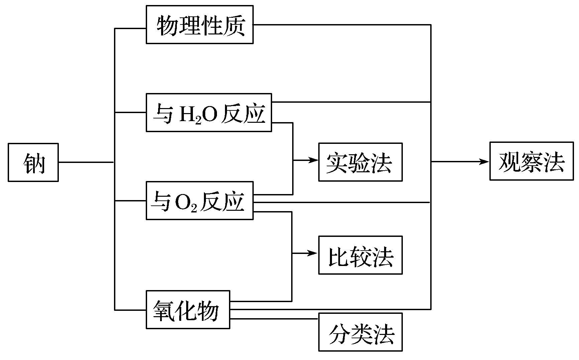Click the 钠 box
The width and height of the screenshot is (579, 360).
(33, 163)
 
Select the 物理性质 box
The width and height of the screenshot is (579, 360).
(200, 25)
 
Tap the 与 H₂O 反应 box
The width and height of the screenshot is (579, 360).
(209, 113)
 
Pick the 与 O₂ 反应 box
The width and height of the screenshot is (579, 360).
(200, 201)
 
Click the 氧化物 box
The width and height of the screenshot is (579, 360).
(188, 309)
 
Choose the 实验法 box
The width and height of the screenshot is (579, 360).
(360, 162)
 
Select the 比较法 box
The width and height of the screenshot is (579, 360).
(360, 255)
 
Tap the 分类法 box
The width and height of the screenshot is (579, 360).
(360, 332)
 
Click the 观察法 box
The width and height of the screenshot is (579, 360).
(531, 161)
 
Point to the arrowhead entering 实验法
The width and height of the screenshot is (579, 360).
(314, 160)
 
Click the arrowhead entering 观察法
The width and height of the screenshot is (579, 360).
(485, 162)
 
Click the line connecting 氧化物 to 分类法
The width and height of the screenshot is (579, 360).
(274, 319)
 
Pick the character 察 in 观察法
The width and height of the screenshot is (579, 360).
(531, 161)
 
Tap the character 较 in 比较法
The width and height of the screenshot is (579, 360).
(360, 256)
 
